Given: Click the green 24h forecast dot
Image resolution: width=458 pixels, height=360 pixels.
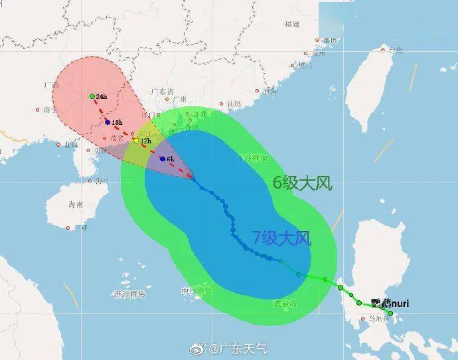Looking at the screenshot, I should pos(92,96).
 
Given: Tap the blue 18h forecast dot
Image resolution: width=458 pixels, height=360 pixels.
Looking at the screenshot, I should pos(107,122).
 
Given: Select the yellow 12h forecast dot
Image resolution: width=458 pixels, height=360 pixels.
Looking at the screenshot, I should pos(136,141).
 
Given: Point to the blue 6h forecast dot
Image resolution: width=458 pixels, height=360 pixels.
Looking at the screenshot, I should pos(163,159).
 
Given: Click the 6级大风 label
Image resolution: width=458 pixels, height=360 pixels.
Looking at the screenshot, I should pos(303,183).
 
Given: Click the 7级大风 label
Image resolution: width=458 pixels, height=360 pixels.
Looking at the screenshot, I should pos(281,237).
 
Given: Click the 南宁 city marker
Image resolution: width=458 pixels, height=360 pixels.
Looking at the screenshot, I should pos(38,110).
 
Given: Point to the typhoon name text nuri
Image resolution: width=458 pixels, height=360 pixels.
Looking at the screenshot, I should pos(399,304).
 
